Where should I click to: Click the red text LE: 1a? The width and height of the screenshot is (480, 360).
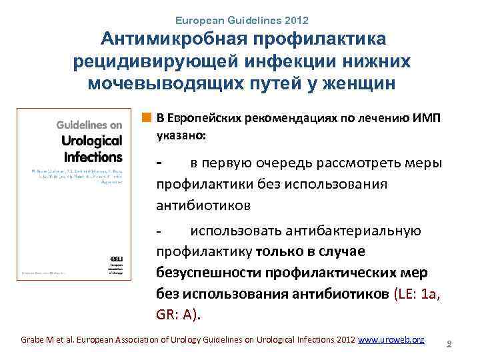tap(419, 294)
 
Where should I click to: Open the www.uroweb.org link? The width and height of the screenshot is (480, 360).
tap(391, 339)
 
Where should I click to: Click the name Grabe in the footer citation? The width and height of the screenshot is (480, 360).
tap(34, 339)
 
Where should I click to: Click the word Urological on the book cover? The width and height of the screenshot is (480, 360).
tap(91, 140)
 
